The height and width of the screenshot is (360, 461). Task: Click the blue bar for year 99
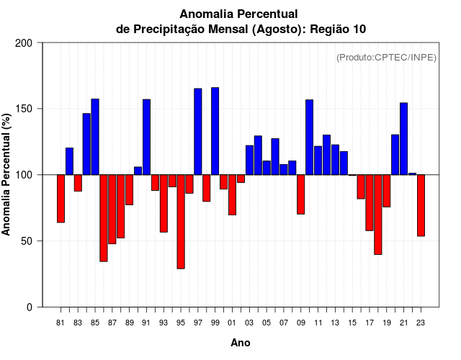[215, 131]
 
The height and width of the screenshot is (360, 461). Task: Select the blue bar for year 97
[197, 132]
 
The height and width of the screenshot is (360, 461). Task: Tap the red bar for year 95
[181, 222]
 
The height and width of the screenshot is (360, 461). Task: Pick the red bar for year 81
[61, 199]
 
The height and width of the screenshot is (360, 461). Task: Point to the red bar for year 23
[421, 205]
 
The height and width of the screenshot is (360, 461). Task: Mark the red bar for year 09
[300, 194]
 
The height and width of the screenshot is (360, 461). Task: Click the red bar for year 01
[232, 194]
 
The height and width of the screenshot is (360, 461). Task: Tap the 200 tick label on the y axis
[24, 43]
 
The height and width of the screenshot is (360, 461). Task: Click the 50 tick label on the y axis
[27, 241]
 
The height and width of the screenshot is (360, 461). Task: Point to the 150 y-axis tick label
[24, 109]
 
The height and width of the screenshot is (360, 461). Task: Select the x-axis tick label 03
[249, 323]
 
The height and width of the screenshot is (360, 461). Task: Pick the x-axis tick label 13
[335, 323]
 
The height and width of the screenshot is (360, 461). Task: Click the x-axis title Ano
[241, 343]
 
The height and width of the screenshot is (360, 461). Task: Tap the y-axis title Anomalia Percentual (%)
[7, 174]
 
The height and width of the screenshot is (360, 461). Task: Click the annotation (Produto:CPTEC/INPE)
[386, 57]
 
